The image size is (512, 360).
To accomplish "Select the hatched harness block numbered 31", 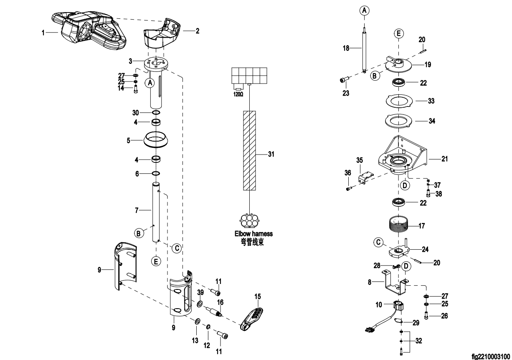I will pyautogui.click(x=249, y=150).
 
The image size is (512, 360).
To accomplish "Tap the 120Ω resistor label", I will pyautogui.click(x=238, y=94).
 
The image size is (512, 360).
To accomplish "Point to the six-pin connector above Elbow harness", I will pyautogui.click(x=250, y=221).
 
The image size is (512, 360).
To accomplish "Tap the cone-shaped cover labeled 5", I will pyautogui.click(x=156, y=139).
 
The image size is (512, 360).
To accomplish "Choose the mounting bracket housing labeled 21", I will pyautogui.click(x=403, y=157).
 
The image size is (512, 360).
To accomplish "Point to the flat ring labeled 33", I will pyautogui.click(x=399, y=101).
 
